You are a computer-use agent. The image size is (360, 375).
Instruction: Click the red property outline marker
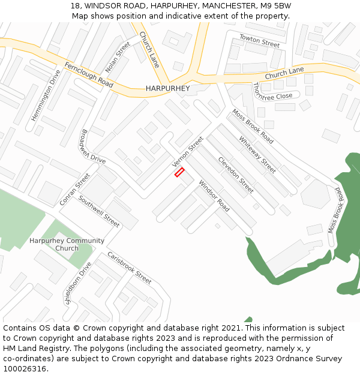click(179, 172)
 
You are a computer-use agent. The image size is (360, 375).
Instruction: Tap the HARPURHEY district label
click(167, 89)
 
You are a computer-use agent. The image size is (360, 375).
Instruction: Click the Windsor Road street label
click(214, 196)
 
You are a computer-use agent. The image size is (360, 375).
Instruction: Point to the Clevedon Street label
click(236, 175)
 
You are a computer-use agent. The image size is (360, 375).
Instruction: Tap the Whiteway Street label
click(257, 154)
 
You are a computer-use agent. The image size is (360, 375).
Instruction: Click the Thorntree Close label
click(272, 91)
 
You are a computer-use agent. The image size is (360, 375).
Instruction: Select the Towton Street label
click(259, 41)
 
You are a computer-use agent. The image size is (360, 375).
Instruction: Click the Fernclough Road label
click(89, 75)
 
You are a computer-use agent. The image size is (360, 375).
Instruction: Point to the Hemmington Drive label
click(46, 95)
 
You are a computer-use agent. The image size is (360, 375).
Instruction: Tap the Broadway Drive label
click(93, 147)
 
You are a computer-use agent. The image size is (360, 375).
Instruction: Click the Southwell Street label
click(99, 211)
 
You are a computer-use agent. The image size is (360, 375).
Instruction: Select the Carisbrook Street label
click(129, 268)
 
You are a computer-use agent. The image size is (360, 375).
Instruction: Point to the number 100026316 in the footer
click(24, 369)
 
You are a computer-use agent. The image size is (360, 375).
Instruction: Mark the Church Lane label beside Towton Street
click(284, 74)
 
